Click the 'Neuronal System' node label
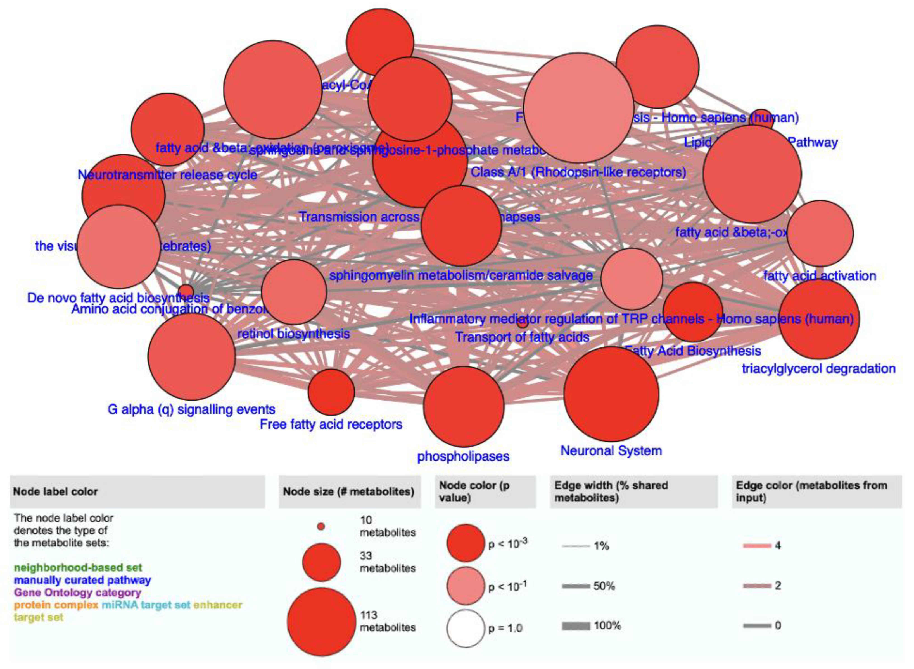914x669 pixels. (611, 451)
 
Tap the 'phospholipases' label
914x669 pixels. (463, 456)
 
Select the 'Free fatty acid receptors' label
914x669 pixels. (331, 425)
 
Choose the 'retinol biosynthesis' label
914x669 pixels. (293, 334)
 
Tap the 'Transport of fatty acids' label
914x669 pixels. (522, 337)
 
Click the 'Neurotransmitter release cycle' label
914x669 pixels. (167, 175)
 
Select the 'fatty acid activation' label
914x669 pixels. (820, 276)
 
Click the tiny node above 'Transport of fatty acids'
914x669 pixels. (523, 323)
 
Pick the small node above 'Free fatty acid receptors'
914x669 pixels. (331, 392)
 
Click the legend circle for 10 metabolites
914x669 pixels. (321, 526)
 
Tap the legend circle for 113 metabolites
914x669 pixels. (321, 622)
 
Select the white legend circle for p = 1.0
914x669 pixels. (466, 628)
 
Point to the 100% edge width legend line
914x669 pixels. (576, 626)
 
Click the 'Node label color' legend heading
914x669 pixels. (56, 491)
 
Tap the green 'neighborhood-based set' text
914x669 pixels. (78, 567)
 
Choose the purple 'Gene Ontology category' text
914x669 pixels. (77, 593)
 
